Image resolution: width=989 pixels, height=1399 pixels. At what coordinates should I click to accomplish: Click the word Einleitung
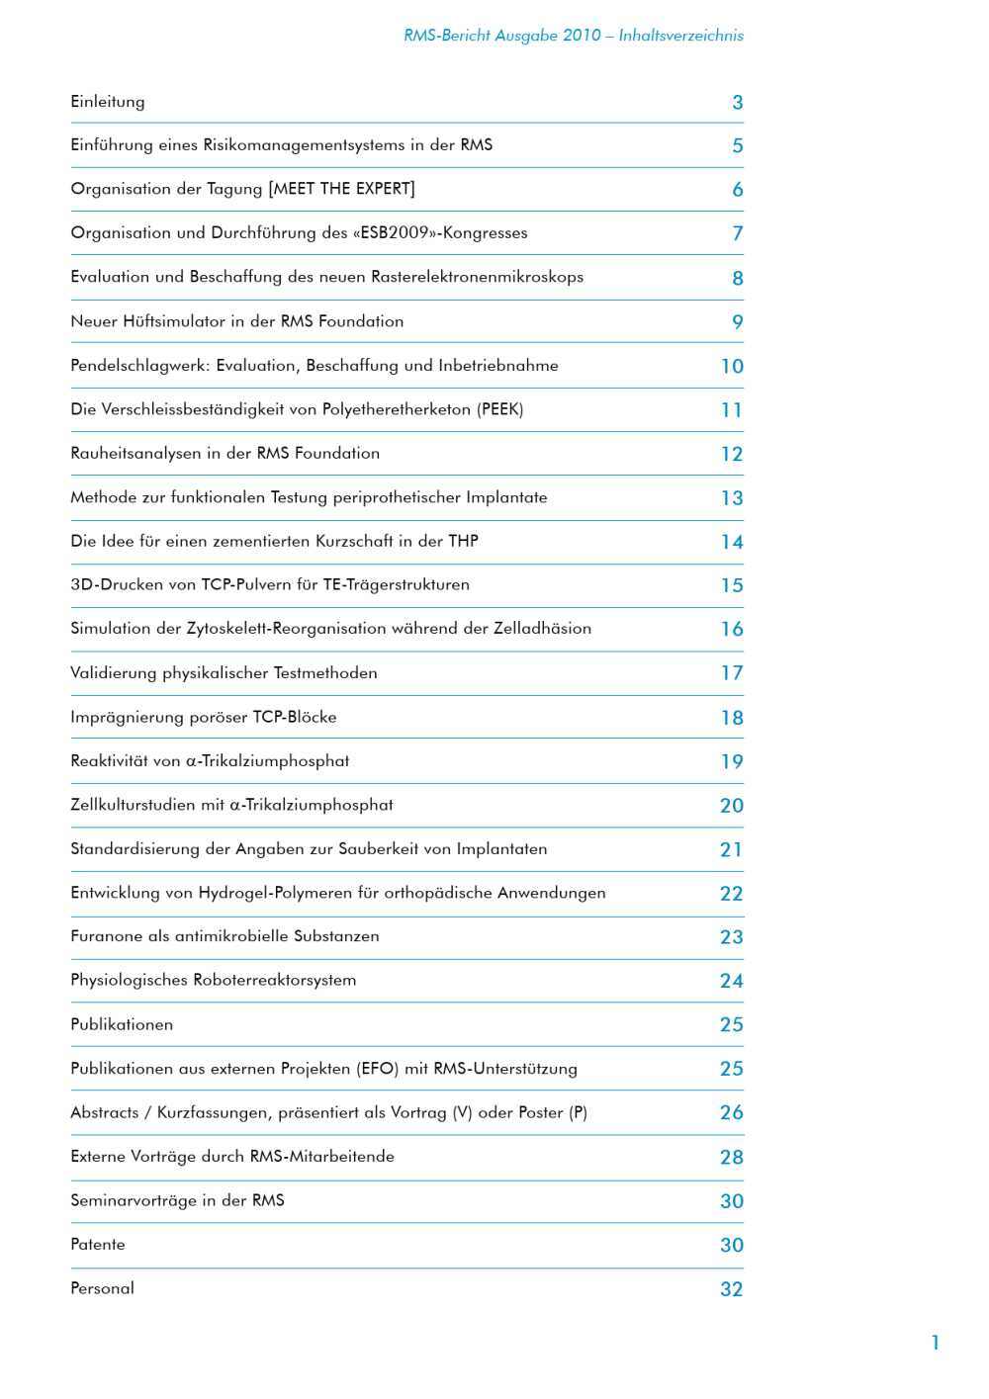tap(108, 102)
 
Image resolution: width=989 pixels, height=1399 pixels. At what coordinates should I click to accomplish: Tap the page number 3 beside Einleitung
tap(737, 103)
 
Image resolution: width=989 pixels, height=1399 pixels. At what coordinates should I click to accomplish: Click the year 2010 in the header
tap(582, 36)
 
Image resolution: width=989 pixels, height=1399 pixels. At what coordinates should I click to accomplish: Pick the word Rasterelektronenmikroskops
tap(477, 277)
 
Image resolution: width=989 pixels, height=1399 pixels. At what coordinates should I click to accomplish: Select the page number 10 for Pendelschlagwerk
tap(731, 367)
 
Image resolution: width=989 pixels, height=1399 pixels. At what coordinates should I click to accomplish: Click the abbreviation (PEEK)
tap(500, 409)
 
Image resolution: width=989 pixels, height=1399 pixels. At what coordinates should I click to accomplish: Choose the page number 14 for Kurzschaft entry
tap(731, 542)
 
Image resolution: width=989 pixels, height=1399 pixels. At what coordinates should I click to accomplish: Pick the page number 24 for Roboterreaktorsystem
tap(731, 981)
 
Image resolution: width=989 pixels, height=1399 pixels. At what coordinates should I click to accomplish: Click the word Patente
tap(98, 1245)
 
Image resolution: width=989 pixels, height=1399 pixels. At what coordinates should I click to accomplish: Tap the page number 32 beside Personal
tap(731, 1289)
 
